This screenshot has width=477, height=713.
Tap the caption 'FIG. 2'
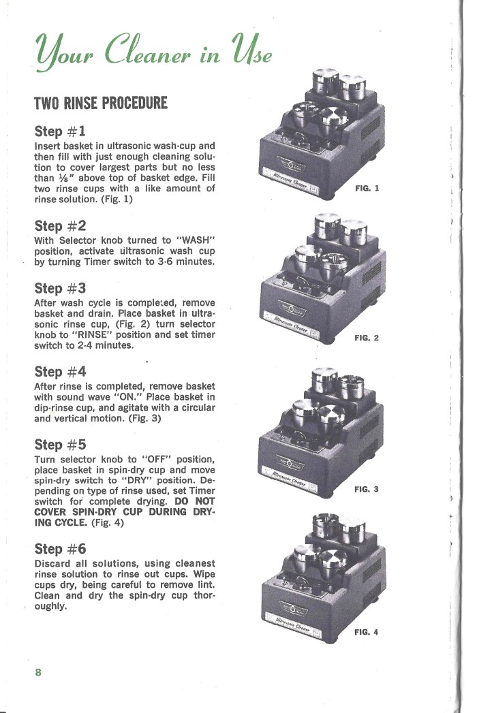pyautogui.click(x=367, y=338)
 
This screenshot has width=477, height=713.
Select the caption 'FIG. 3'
pyautogui.click(x=367, y=489)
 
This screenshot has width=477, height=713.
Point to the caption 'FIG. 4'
pyautogui.click(x=367, y=632)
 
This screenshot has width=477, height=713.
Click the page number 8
pyautogui.click(x=39, y=672)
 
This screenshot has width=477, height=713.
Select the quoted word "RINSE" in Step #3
pyautogui.click(x=87, y=335)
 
